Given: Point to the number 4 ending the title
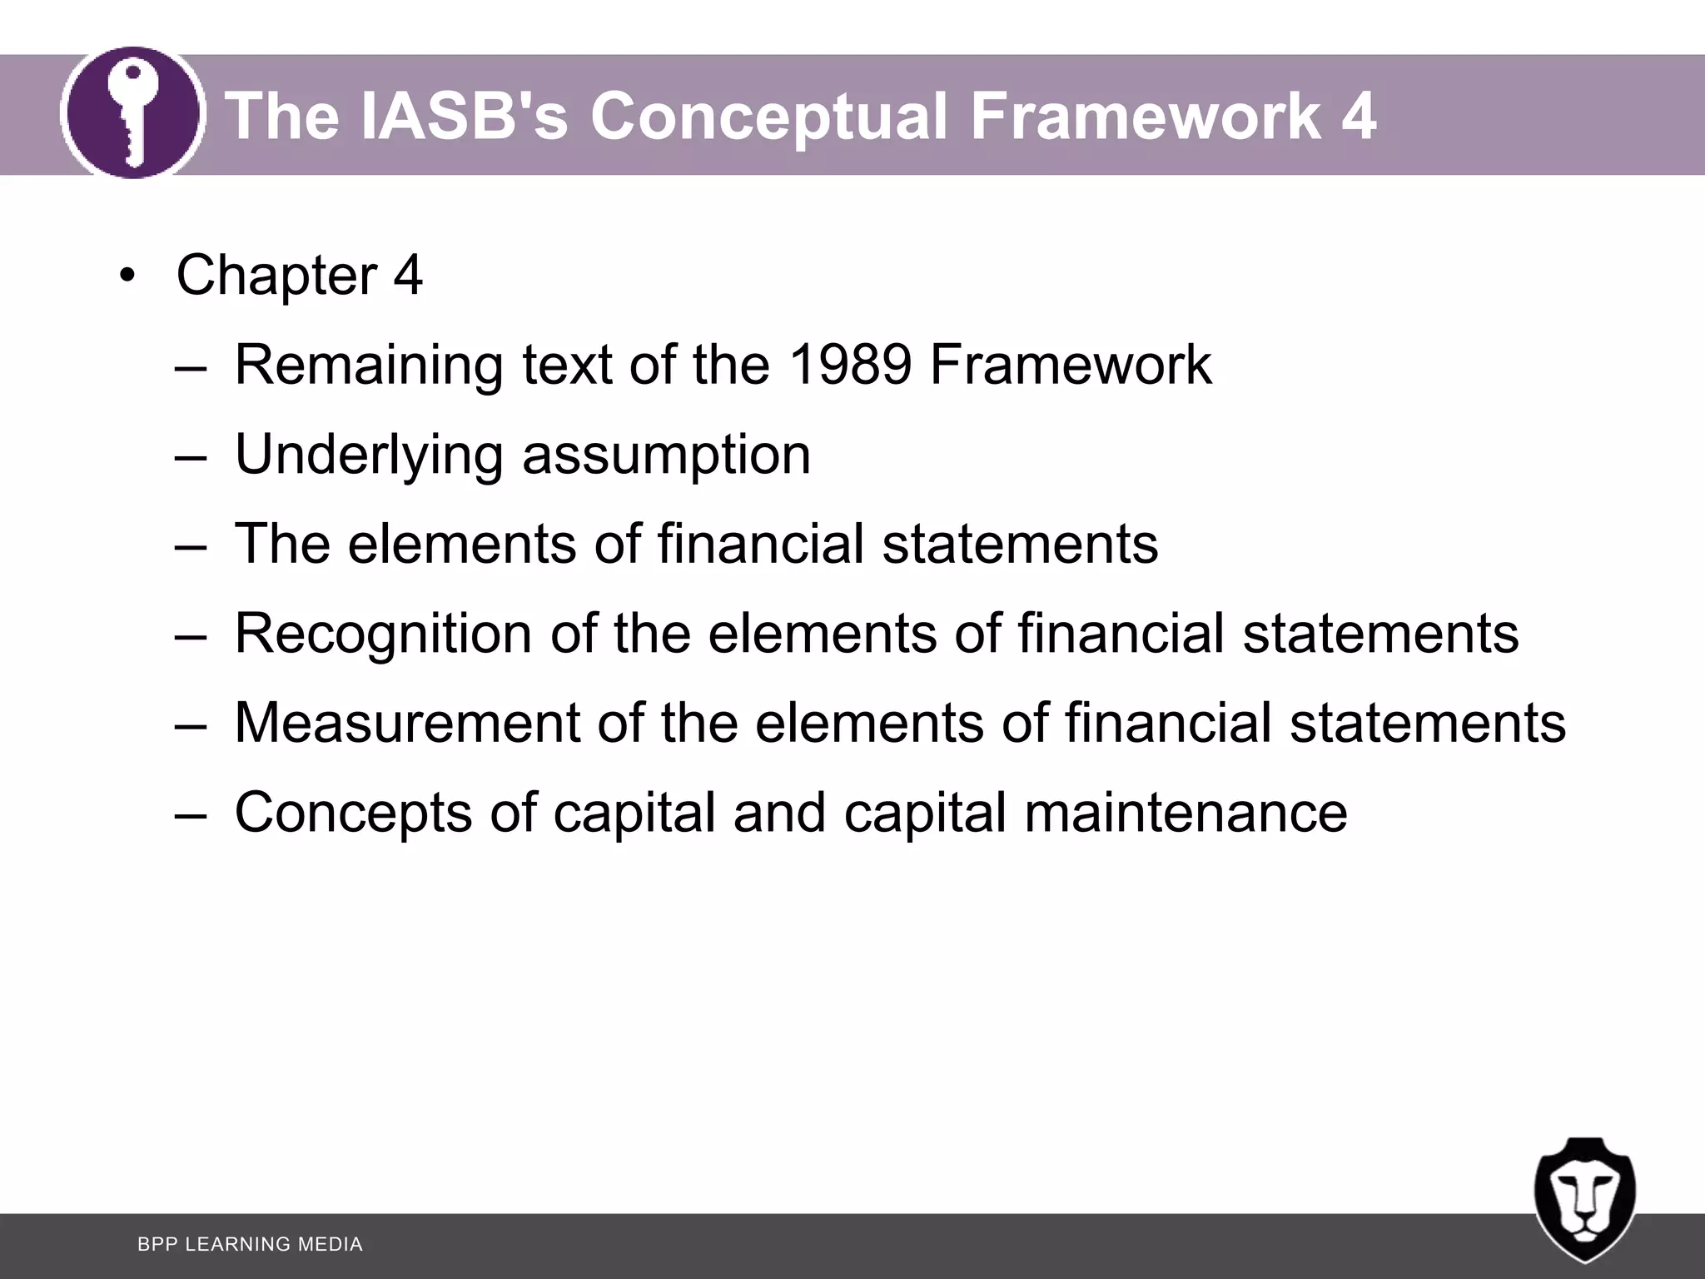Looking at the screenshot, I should pos(1358,116).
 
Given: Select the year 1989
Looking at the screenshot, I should pos(849,365).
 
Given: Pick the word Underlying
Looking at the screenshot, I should pos(369,455).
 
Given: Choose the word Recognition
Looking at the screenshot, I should pos(383,634).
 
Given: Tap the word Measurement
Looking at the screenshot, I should pos(407,723).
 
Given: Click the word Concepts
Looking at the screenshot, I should pos(353,813).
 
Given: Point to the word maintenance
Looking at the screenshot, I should pos(1186,813).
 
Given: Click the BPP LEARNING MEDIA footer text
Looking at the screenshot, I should pos(250,1244).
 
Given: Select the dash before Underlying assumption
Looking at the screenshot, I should pos(191,456).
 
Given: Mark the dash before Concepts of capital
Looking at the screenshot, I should pos(191,814).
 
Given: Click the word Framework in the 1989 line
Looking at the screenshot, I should pos(1071,365).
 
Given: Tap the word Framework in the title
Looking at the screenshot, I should pos(1145,116).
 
